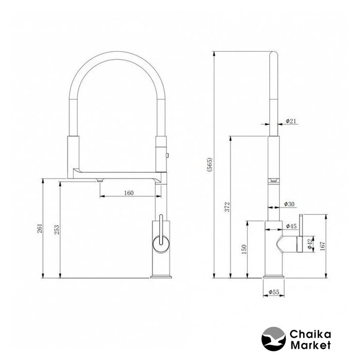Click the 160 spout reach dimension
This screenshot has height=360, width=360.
pos(129,193)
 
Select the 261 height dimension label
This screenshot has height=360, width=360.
pos(40,228)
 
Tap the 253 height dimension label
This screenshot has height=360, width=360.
pos(56,229)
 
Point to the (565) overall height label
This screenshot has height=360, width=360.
pos(210,165)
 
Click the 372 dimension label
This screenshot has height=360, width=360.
pos(227,207)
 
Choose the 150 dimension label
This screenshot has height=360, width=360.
pos(244,249)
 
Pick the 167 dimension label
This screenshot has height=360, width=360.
pos(322,246)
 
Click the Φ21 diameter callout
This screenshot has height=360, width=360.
pos(291,121)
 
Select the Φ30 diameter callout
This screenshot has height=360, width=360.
pos(289,204)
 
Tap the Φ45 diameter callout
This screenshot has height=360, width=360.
pos(291,226)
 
